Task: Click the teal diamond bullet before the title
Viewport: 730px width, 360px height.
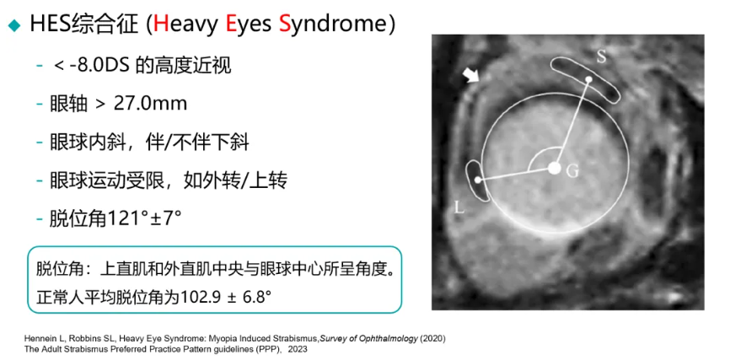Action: (15, 25)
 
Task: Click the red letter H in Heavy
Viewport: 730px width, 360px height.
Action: (161, 24)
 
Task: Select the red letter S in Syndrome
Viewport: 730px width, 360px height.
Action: (285, 24)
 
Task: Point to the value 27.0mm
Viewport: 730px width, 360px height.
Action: (150, 104)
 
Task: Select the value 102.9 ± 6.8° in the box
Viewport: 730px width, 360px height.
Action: (225, 296)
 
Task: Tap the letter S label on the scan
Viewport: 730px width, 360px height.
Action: (602, 56)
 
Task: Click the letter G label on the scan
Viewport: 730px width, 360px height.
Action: (572, 171)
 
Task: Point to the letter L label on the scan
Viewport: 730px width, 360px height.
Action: (459, 207)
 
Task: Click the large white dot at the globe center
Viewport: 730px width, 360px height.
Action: (554, 168)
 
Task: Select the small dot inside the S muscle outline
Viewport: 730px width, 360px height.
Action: (588, 79)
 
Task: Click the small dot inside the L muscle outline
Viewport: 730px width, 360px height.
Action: (477, 180)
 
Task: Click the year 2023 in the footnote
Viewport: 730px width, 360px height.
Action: (298, 349)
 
